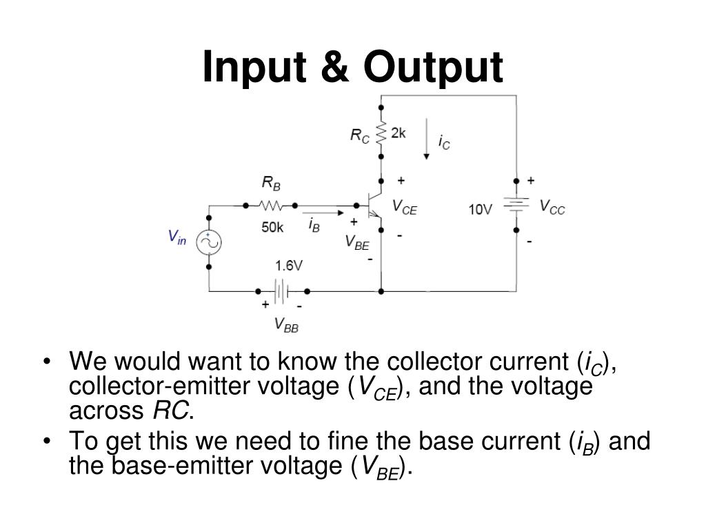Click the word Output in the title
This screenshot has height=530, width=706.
click(x=434, y=68)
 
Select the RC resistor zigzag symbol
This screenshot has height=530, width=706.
click(x=381, y=134)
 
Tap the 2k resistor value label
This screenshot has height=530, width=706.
click(x=399, y=133)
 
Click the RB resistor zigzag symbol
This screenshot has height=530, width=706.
click(x=270, y=205)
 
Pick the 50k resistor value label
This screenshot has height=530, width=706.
click(x=272, y=227)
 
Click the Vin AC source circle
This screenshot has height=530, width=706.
click(x=208, y=242)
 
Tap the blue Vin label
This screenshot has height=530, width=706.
click(x=178, y=237)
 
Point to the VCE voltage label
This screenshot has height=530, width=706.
click(x=405, y=207)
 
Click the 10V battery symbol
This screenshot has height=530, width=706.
click(x=516, y=205)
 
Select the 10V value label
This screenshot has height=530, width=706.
click(x=481, y=208)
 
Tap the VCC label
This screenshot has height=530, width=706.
click(x=552, y=206)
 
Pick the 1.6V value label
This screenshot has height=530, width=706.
click(x=289, y=266)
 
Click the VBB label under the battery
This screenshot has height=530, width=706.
click(x=286, y=324)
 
